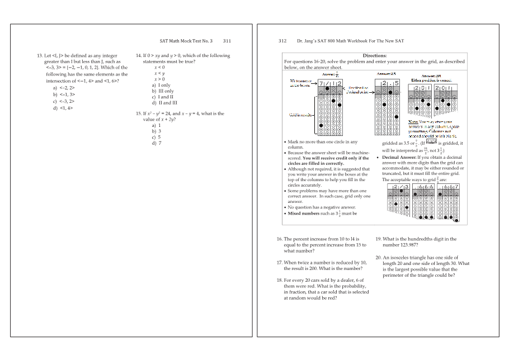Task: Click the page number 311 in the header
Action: [227, 41]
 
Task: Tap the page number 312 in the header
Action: [282, 41]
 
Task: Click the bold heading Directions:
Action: [374, 55]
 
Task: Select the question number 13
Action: [39, 56]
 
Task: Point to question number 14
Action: [139, 56]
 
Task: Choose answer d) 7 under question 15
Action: [156, 143]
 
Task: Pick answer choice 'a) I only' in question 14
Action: [162, 85]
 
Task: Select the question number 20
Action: [378, 257]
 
